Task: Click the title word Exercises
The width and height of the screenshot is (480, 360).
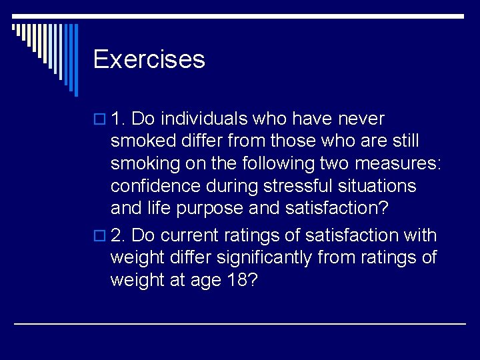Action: point(149,59)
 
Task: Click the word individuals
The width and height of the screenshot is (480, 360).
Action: point(203,119)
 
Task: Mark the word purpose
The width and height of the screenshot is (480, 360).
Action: point(209,208)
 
